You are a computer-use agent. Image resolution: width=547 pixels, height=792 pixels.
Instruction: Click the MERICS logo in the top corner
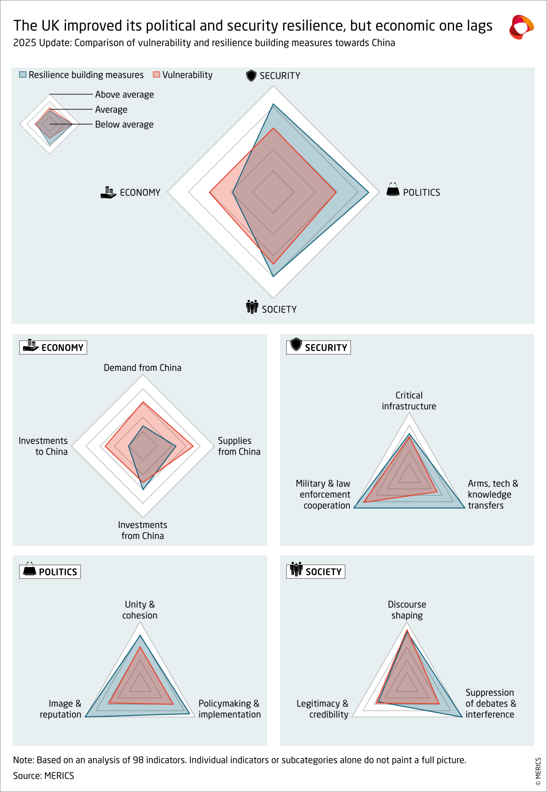[x=521, y=27]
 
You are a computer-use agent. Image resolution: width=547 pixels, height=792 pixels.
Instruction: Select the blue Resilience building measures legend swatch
[x=23, y=74]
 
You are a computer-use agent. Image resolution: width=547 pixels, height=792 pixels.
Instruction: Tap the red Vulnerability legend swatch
[x=156, y=74]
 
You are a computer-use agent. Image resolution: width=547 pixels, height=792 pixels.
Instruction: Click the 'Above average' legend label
[x=124, y=94]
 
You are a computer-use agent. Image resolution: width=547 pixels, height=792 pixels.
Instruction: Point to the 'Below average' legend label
[x=124, y=125]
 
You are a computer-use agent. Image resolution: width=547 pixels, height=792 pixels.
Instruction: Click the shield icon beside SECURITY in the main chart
[x=251, y=75]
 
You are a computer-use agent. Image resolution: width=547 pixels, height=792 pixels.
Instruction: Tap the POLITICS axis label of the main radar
[x=421, y=192]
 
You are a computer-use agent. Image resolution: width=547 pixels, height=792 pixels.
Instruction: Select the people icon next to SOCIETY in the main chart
[x=252, y=307]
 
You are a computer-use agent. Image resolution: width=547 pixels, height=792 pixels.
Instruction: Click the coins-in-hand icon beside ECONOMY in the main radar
[x=108, y=192]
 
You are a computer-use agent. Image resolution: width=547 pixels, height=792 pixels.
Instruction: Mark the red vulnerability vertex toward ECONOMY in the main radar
[x=210, y=192]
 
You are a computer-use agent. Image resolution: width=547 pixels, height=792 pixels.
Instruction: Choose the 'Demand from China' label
[x=143, y=368]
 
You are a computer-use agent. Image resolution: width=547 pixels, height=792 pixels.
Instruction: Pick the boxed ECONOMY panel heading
[x=53, y=347]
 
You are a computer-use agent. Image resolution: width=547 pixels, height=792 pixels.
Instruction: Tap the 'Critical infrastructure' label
[x=409, y=401]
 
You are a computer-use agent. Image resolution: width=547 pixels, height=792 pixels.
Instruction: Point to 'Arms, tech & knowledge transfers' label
[x=493, y=494]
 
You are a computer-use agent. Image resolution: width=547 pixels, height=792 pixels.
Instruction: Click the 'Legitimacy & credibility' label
[x=322, y=709]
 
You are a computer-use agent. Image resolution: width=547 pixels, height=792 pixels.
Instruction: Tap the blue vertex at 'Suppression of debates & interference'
[x=462, y=717]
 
